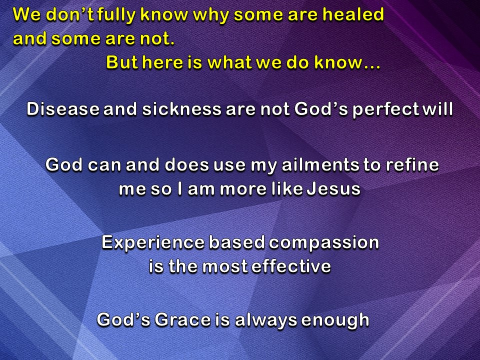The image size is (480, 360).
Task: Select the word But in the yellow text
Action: point(121,63)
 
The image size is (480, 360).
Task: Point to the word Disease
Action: point(62,109)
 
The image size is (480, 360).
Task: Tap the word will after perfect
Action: point(437,109)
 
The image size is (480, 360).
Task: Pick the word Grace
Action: point(178,319)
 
